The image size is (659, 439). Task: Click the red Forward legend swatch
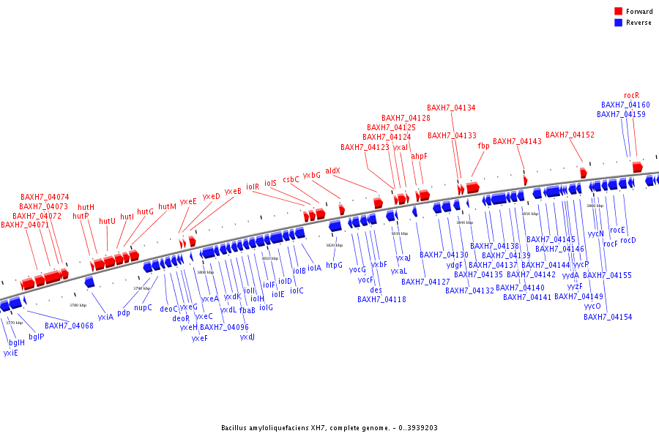619,11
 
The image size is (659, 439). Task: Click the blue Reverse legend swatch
619,23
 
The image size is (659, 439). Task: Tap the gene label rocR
631,95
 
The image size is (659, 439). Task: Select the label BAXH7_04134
451,108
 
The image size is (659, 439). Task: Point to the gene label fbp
483,146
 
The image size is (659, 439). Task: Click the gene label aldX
332,170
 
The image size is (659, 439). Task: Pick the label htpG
334,265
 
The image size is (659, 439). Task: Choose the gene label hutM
167,206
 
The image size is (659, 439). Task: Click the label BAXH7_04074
45,197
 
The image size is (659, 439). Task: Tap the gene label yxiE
10,353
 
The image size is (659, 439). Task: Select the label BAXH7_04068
69,326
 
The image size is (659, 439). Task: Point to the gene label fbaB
247,310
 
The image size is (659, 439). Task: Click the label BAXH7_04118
381,299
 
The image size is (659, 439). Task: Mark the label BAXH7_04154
608,317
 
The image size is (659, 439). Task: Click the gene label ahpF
419,156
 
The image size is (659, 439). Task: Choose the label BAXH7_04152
570,135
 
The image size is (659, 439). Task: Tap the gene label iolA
314,268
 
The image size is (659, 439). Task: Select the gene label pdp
123,312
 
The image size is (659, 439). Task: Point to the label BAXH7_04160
625,105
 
